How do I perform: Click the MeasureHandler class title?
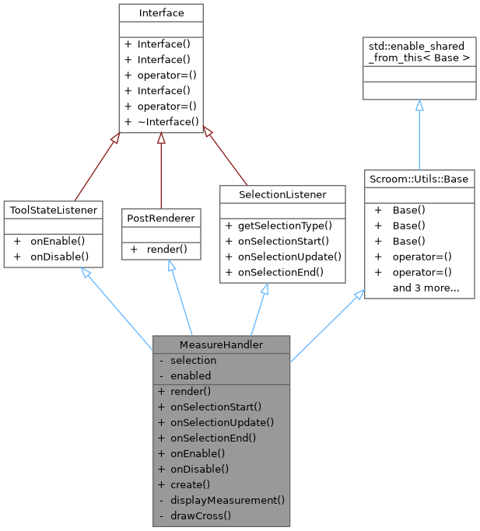pos(221,344)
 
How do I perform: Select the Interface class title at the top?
pos(160,13)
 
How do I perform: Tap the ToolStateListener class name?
pos(54,209)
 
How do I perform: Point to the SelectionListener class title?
pos(282,194)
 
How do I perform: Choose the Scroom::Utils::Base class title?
pos(419,179)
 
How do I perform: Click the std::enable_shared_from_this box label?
pos(419,52)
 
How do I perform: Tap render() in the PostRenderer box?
pos(166,249)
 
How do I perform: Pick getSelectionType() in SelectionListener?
pos(285,225)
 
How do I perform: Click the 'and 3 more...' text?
pos(426,288)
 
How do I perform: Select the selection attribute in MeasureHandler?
pos(193,361)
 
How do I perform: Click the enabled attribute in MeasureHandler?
pos(191,376)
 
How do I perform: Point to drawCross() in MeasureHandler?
pos(201,515)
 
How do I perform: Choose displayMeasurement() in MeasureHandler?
pos(227,500)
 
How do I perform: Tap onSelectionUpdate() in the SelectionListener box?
pos(289,257)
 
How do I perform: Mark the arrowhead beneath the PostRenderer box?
pos(170,267)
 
